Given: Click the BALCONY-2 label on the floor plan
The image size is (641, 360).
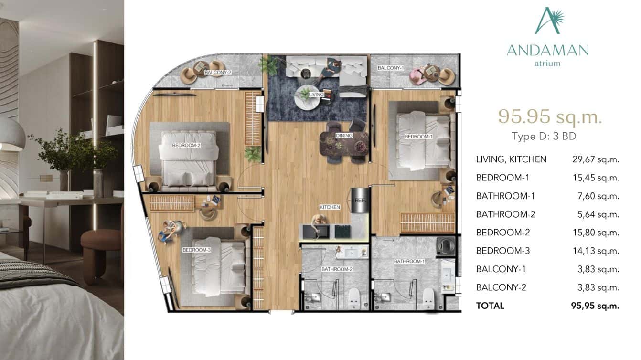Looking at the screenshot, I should (x=217, y=73).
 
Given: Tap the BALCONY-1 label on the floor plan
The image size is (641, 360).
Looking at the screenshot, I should (x=391, y=68).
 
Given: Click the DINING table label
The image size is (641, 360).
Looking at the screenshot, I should (x=344, y=136).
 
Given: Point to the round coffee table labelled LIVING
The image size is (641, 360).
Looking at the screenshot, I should (x=308, y=97).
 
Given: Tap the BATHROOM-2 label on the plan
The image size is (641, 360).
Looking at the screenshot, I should (x=337, y=269).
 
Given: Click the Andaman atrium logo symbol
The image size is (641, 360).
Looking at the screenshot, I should (x=548, y=21).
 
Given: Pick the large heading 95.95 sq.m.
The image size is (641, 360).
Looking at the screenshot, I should (x=549, y=116).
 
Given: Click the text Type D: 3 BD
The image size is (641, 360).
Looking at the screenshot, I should (x=544, y=137).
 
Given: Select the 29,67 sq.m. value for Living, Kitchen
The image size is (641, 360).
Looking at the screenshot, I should (x=595, y=159).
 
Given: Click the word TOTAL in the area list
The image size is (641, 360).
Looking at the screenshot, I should (x=490, y=306).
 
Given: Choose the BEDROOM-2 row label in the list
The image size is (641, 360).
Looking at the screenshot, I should (x=503, y=233).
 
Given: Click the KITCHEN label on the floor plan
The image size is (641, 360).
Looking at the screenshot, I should (x=330, y=207).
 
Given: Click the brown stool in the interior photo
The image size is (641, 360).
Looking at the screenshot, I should (x=102, y=248).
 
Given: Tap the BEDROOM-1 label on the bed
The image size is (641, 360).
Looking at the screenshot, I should (x=418, y=137).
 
